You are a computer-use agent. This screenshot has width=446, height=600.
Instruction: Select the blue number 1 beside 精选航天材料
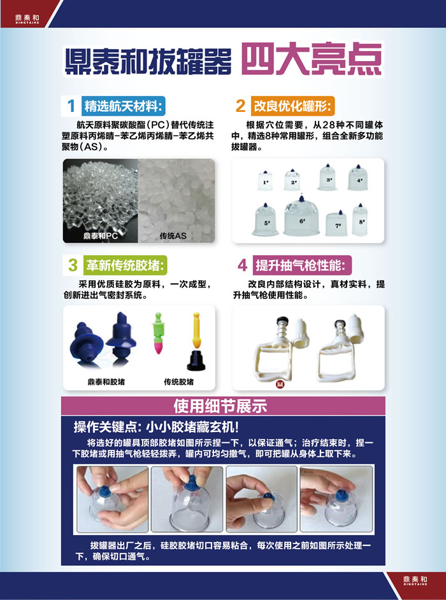tap(71, 106)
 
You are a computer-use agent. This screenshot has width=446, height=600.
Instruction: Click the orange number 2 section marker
tap(240, 106)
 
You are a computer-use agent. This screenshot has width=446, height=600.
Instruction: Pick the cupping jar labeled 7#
tap(337, 222)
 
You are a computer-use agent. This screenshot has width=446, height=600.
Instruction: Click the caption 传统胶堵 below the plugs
tap(179, 382)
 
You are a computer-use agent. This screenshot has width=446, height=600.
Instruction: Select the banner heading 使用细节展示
tap(220, 405)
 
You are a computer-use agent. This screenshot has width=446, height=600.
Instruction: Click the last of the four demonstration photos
tap(336, 499)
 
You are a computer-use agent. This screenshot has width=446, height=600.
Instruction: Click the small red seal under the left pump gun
tap(278, 383)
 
